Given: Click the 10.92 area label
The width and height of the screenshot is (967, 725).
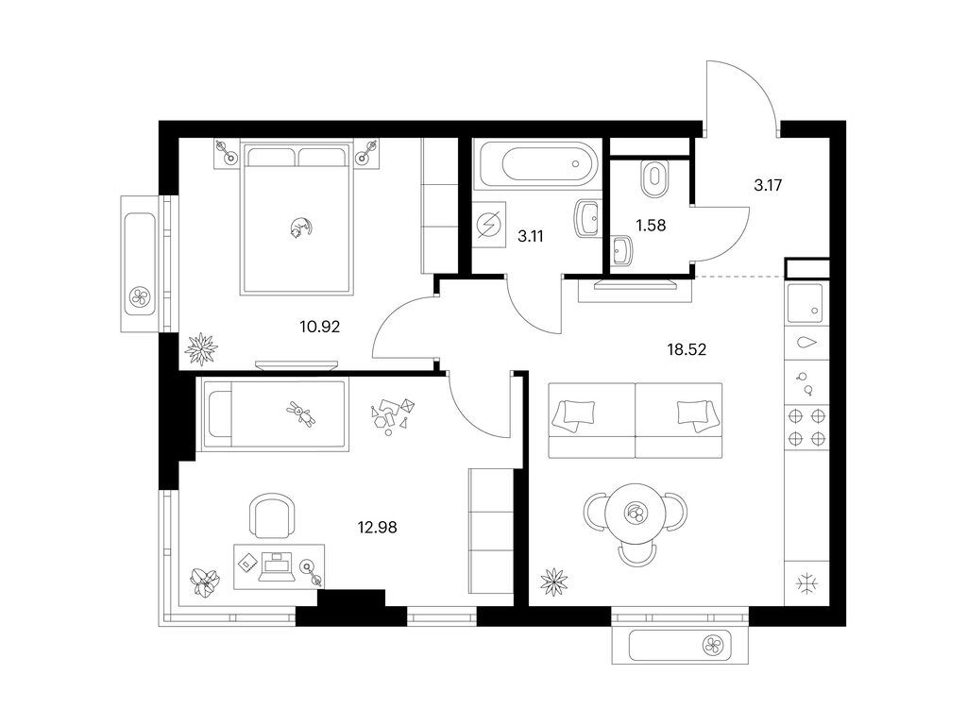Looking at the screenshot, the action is click(319, 327).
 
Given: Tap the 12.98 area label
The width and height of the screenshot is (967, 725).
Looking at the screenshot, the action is click(377, 527).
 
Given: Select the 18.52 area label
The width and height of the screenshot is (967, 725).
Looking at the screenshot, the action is click(687, 349).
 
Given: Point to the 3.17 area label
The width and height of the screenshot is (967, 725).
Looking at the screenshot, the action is click(768, 185).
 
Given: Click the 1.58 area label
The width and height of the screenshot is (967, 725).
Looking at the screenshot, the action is click(651, 226).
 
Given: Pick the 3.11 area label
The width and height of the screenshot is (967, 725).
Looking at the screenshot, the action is click(531, 236).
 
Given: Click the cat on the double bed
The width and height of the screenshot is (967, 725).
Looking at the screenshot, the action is click(299, 228).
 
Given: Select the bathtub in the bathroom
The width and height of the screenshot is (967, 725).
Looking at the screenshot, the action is click(536, 164).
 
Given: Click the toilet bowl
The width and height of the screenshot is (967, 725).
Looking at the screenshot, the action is click(654, 179).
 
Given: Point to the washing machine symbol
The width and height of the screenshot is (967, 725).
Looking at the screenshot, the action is click(489, 225).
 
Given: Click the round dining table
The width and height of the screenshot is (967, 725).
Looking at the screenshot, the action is click(636, 513).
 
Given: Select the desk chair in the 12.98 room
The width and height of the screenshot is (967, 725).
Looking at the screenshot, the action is click(270, 515).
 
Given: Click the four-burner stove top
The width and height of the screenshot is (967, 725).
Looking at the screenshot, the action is click(806, 428).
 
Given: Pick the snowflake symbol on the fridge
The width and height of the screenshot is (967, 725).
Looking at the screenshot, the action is click(806, 583).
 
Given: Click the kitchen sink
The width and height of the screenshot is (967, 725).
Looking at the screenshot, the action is click(806, 303).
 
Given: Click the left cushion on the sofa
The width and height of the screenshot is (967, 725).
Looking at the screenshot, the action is click(574, 414).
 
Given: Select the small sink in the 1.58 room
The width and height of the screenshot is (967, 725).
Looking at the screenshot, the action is click(622, 251).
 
